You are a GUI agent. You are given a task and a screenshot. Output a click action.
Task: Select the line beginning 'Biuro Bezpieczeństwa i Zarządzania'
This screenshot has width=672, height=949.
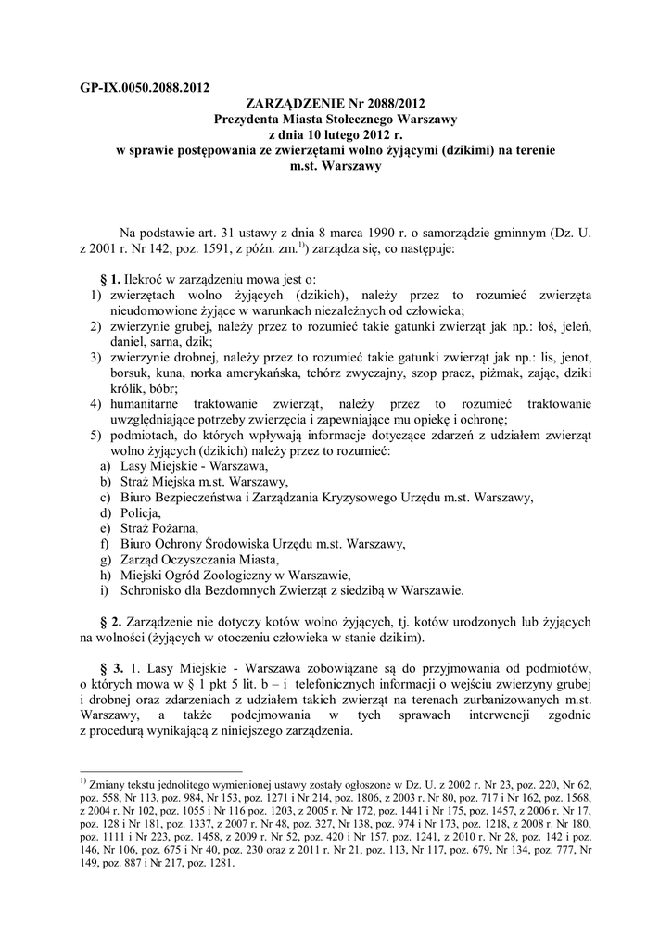(x=321, y=497)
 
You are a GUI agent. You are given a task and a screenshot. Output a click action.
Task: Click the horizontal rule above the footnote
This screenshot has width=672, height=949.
(x=161, y=770)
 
